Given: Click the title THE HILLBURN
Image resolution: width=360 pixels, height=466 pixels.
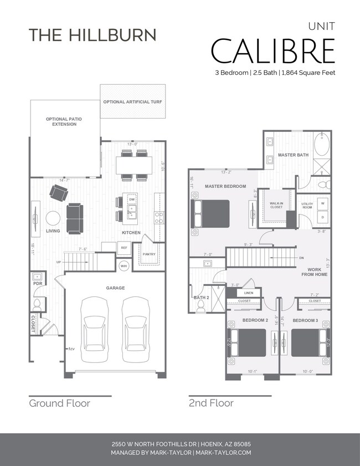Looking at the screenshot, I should coord(92,34).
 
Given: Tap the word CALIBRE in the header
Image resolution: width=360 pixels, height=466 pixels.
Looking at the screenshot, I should coord(273,51).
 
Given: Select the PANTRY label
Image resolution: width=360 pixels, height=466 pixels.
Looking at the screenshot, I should coord(149,254).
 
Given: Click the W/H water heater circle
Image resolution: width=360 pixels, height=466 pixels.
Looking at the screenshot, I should coord(124,266).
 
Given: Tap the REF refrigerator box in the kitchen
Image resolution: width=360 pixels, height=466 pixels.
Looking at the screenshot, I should coord(124,248).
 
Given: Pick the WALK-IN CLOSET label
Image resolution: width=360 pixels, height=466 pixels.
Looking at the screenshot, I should coord(276,206).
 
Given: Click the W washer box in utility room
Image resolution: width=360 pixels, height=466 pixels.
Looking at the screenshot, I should coord(322,203).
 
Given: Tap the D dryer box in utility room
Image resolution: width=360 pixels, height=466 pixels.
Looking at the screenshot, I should coord(322,217).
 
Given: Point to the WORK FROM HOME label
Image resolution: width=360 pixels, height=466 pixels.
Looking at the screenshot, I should coord(313,272).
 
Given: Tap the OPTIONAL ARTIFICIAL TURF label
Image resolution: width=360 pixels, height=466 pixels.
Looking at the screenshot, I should coord(132,103).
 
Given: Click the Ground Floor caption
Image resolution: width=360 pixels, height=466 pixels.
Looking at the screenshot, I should coord(59,403).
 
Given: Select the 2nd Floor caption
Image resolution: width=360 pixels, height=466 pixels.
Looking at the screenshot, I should coord(211,403).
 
